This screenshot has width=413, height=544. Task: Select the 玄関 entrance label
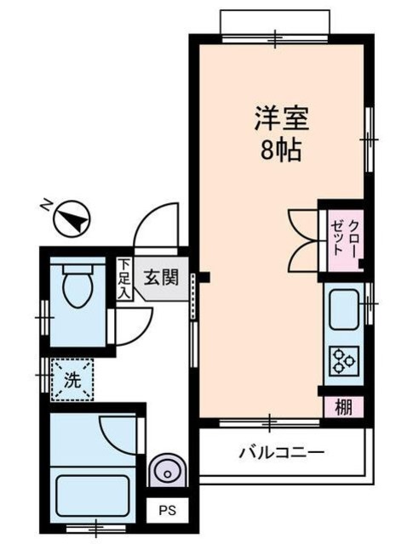[x=160, y=278]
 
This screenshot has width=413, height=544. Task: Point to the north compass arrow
[x=72, y=221]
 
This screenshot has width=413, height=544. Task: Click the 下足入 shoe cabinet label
[x=124, y=279]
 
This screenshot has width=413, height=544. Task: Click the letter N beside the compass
[x=47, y=205]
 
